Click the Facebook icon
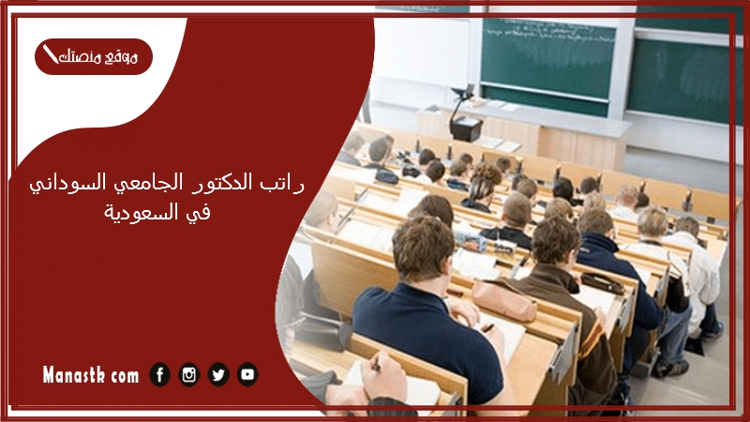click(x=159, y=374)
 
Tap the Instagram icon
click(x=189, y=374)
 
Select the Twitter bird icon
click(x=218, y=374)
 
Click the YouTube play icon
click(x=247, y=374)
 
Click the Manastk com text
click(x=90, y=374)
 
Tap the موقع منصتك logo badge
click(x=94, y=56)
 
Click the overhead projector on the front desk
click(x=464, y=114)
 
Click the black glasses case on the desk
click(x=602, y=282)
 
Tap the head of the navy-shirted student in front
click(x=423, y=248)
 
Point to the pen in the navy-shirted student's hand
click(x=487, y=327)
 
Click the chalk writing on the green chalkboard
click(x=547, y=30)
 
